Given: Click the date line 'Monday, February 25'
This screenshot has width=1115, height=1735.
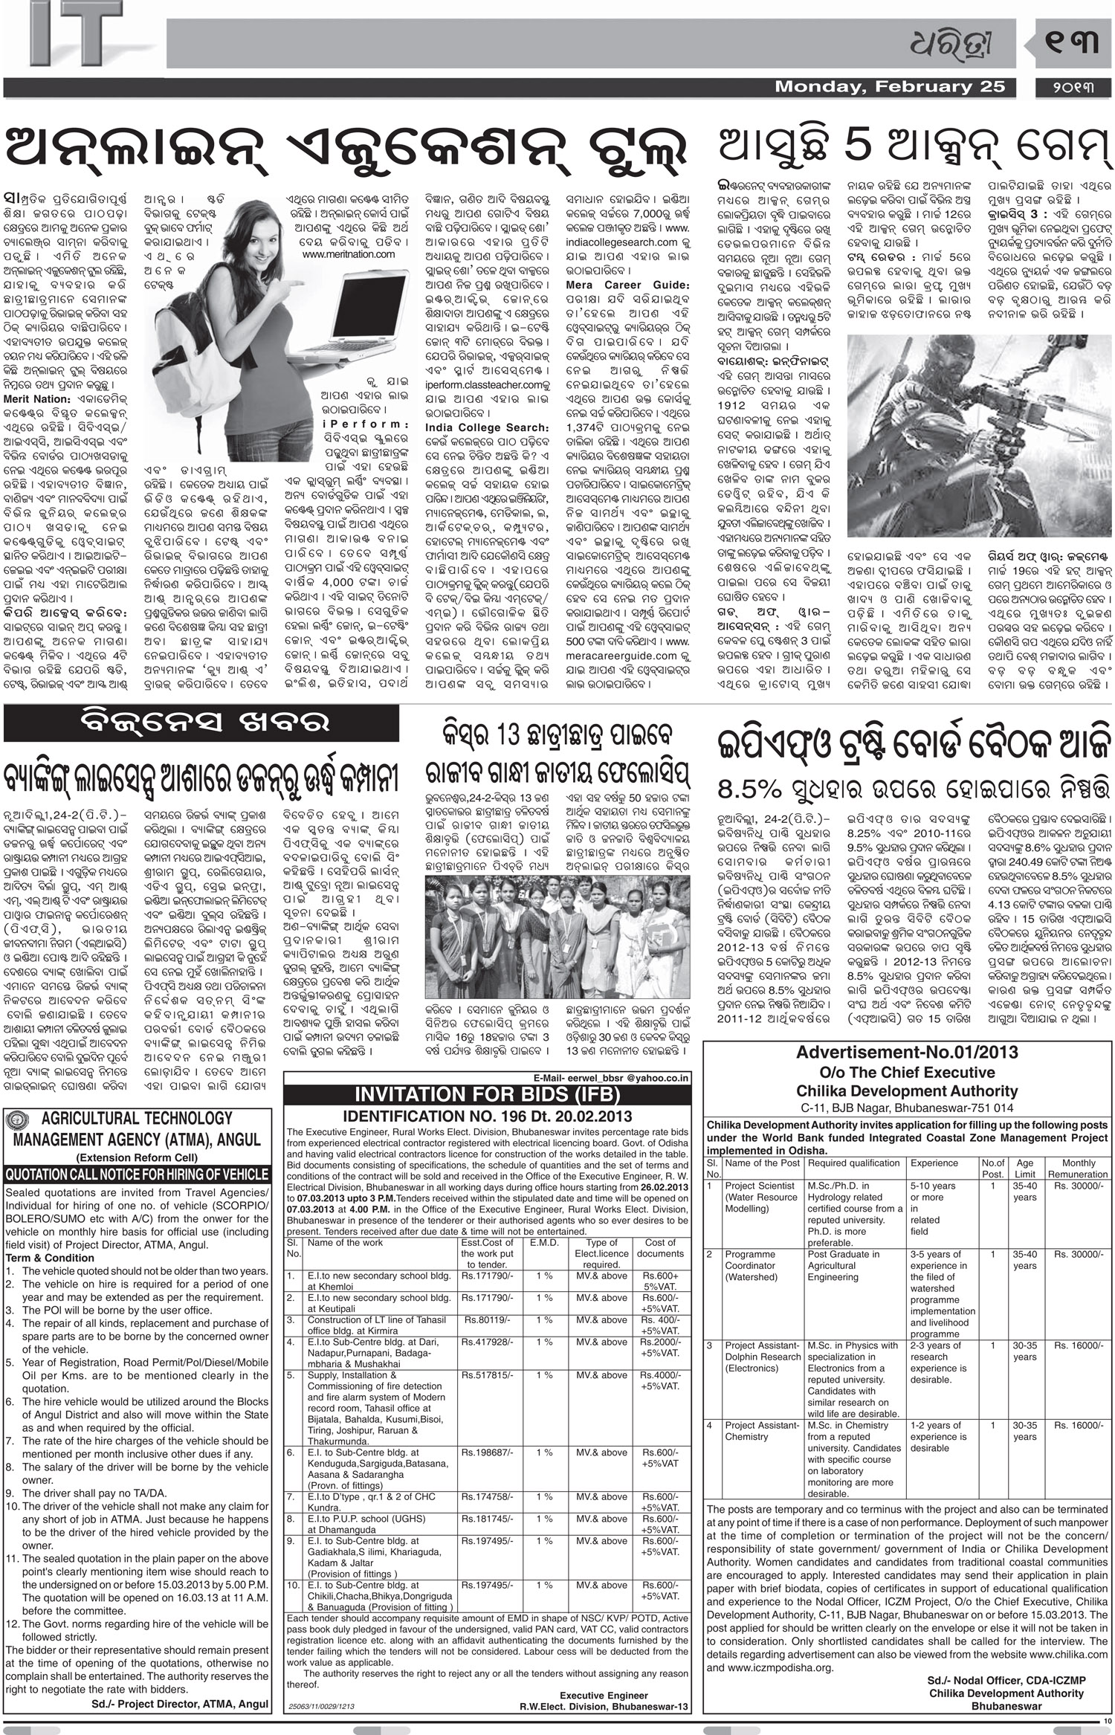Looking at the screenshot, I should coord(889,86).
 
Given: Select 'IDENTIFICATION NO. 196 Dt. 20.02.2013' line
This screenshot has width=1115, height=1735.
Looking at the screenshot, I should coord(487,1116).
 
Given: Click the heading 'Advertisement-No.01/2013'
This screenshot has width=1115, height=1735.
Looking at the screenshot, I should coord(907,1053).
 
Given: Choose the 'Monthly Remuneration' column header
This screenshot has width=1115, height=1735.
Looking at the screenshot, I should coord(1079,1168).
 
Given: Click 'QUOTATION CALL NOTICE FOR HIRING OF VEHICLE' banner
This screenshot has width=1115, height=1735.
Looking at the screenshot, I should coord(137,1174).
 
